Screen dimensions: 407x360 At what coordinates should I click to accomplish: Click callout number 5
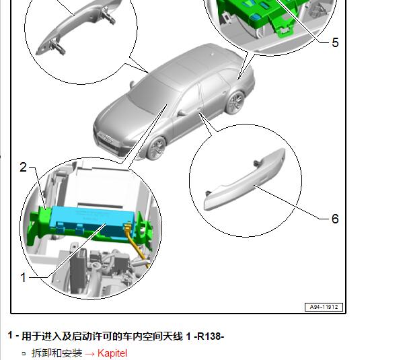(335, 42)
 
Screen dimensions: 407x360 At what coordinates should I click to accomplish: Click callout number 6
(335, 219)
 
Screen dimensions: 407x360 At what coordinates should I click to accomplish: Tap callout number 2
(24, 168)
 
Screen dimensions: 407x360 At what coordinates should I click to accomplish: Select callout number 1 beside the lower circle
(24, 277)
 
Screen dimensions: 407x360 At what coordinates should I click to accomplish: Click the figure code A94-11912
(324, 307)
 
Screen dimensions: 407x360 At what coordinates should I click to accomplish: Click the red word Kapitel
(112, 353)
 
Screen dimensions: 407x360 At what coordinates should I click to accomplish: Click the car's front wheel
(157, 148)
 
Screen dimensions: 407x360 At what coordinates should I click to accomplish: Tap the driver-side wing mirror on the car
(182, 112)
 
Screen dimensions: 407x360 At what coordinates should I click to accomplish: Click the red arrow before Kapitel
(89, 353)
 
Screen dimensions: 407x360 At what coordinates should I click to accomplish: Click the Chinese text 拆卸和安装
(57, 353)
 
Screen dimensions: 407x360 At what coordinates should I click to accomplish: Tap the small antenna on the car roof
(213, 55)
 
